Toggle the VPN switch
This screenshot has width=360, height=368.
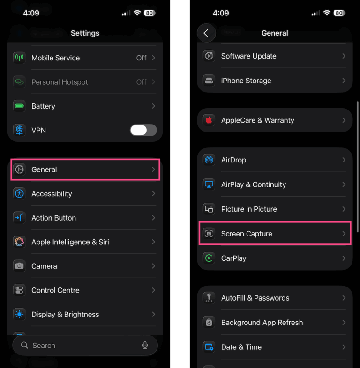[x=143, y=130]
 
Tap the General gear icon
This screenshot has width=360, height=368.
[x=19, y=169]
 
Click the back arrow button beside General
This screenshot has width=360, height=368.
[x=206, y=33]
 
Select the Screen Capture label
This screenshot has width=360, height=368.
[x=247, y=234]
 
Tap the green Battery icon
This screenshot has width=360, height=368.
[x=19, y=106]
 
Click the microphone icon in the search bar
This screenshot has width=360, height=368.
[x=145, y=346]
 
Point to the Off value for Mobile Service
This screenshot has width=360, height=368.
[x=141, y=58]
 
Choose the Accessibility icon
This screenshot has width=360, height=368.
[x=19, y=194]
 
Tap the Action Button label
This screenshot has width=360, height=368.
[x=53, y=218]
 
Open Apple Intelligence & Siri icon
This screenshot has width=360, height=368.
[x=19, y=242]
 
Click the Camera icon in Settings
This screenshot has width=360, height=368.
[x=19, y=266]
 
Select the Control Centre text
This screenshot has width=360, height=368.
[x=55, y=290]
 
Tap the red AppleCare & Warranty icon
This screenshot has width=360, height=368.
[x=209, y=120]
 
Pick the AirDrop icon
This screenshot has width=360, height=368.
[x=209, y=160]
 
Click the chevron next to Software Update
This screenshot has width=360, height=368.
[x=344, y=56]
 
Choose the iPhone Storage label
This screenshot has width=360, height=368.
[x=246, y=81]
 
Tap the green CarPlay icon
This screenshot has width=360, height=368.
[x=209, y=258]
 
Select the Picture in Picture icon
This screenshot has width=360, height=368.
[x=209, y=209]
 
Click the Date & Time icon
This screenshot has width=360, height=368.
[x=209, y=347]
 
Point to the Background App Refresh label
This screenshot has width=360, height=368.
[x=262, y=323]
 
